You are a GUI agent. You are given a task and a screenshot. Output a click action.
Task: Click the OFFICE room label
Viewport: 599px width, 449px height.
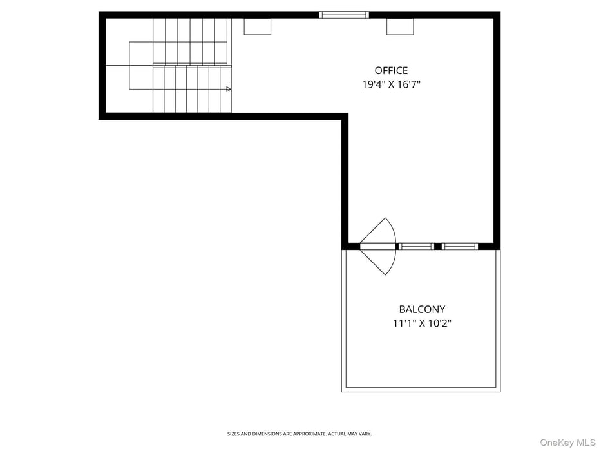point(391,71)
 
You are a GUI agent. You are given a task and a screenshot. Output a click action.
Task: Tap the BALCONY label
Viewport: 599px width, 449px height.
point(422,310)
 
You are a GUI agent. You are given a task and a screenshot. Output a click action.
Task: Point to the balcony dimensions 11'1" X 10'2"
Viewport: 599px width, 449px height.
point(422,323)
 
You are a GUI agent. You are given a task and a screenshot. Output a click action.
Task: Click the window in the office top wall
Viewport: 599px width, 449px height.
point(345,15)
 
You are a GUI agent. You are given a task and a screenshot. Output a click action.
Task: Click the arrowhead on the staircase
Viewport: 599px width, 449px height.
point(228,89)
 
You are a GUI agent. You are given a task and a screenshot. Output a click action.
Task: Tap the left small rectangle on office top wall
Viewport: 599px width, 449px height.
point(257,26)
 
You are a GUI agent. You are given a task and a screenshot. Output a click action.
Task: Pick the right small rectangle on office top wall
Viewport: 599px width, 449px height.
point(400,26)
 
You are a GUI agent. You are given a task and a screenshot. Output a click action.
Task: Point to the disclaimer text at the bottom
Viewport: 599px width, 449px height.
point(299,434)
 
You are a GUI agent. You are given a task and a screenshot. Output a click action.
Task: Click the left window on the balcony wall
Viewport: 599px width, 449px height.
point(416,246)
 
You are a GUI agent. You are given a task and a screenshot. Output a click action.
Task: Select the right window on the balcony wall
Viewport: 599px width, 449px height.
point(460,246)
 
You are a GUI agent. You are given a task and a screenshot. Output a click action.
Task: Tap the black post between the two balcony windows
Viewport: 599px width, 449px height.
point(438,246)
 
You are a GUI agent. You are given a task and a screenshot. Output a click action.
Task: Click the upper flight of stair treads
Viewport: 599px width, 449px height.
point(191,40)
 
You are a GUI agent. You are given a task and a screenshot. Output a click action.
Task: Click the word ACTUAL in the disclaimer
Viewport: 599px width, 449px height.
point(337,434)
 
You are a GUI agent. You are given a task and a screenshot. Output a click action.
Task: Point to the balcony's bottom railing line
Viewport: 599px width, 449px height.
point(421,389)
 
